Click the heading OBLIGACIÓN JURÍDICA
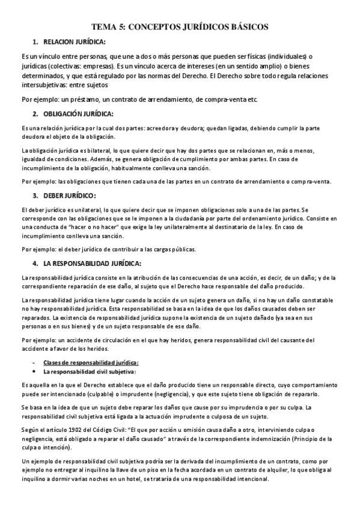[x=78, y=114]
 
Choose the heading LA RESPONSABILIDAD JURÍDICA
[x=92, y=263]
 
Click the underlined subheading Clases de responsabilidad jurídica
[x=91, y=361]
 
